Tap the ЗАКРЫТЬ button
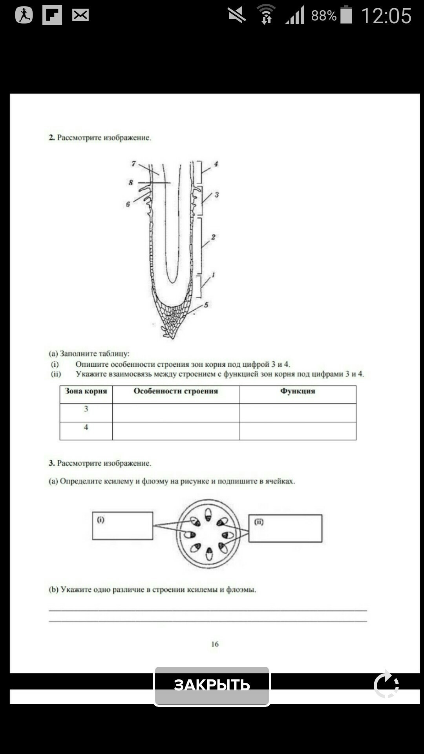[212, 686]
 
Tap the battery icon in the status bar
[346, 15]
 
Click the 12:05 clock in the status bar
[386, 16]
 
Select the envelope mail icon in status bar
[80, 15]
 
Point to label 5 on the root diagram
[206, 305]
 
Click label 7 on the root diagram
[134, 163]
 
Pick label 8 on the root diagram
[131, 183]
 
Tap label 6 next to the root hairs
[128, 204]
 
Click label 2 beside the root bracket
[213, 237]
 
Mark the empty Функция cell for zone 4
[298, 431]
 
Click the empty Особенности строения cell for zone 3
[175, 413]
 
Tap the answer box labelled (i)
[122, 525]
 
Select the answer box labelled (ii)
[285, 528]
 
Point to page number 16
[215, 644]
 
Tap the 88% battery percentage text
[323, 16]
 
